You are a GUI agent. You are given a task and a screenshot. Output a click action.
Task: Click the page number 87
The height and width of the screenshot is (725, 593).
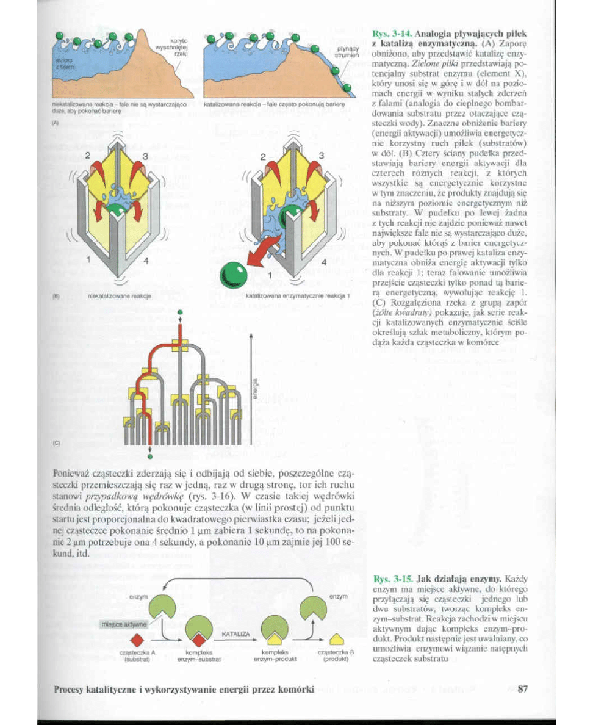click(x=522, y=690)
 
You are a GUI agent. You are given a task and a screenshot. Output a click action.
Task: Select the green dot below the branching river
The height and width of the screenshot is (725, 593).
click(x=150, y=455)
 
